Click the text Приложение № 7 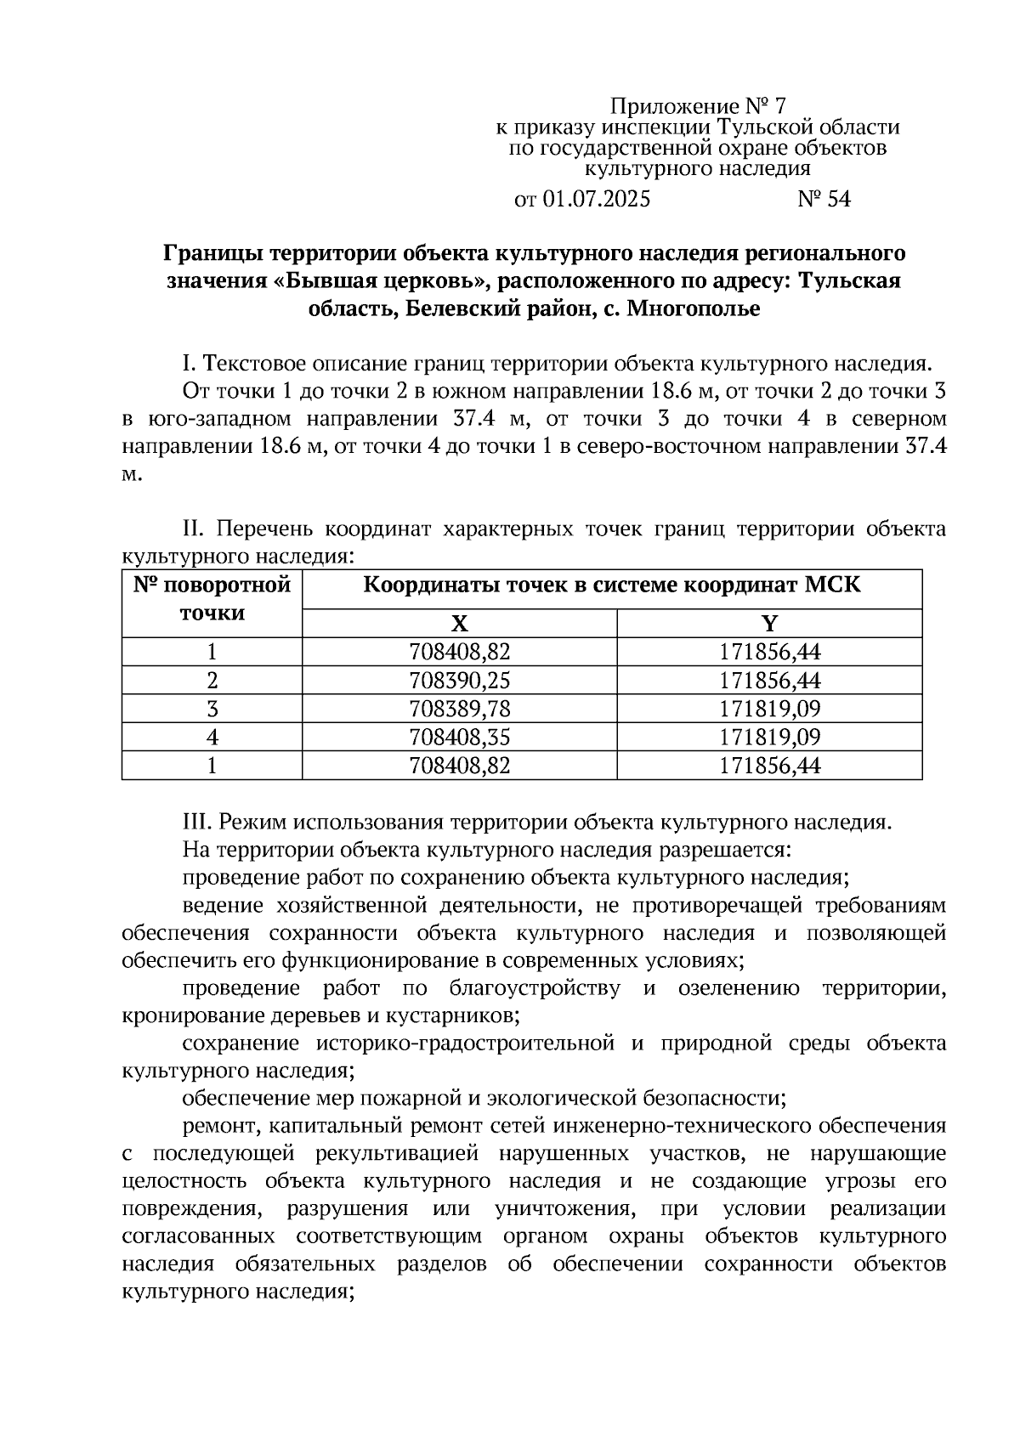698,106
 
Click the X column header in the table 459,625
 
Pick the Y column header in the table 769,625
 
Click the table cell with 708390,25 459,681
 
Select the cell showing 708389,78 459,709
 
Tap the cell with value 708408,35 459,737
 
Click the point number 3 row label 212,709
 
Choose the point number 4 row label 212,737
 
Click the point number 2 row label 212,681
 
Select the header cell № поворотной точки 212,599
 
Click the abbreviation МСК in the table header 833,585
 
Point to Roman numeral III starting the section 196,823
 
